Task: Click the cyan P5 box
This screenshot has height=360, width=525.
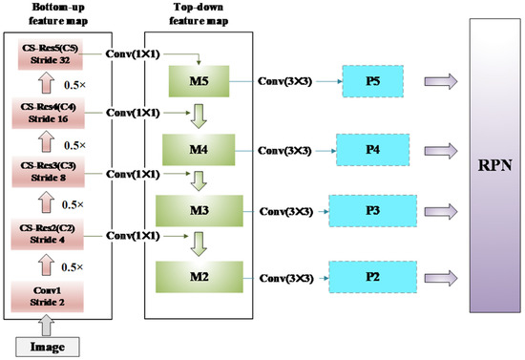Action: click(x=373, y=80)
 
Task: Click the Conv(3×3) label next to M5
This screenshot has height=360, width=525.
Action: click(x=286, y=81)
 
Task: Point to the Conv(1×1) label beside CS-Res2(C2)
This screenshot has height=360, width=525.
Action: click(x=136, y=235)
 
